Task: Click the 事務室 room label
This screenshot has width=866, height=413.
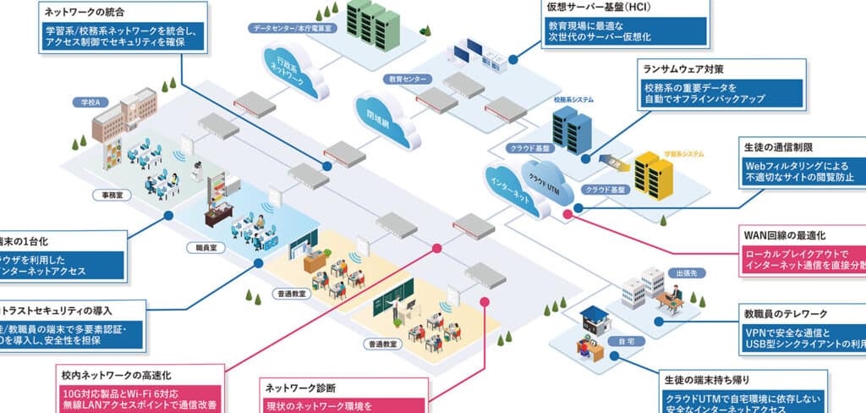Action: pos(107,195)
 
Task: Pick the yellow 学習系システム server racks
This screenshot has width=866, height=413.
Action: pos(653,173)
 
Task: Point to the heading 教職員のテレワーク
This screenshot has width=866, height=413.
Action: pos(786,313)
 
